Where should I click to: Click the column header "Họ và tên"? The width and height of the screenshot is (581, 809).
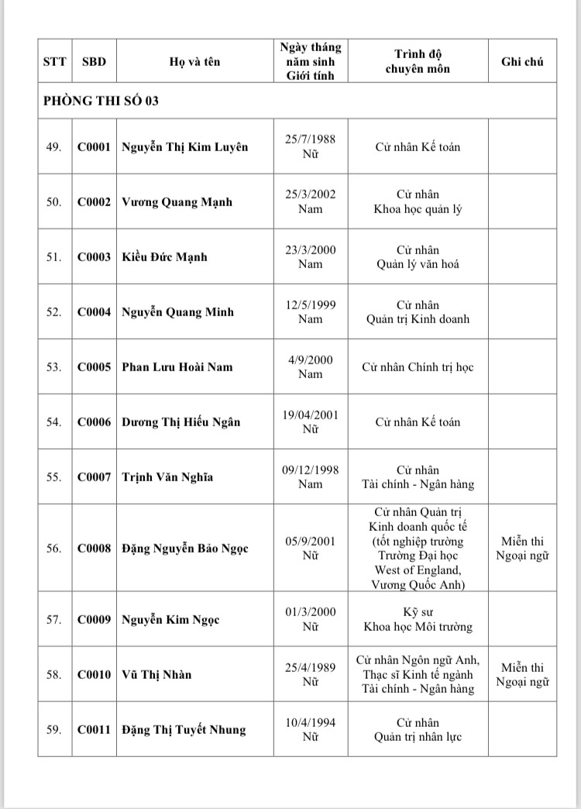(x=194, y=62)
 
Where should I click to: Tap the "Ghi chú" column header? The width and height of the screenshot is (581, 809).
(x=522, y=62)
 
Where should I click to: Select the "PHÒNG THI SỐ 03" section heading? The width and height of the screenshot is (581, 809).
(x=101, y=101)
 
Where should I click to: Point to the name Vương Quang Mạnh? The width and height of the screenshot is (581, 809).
(x=177, y=202)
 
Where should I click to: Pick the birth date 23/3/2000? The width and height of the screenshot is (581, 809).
(x=310, y=250)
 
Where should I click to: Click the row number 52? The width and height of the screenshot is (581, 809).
(x=54, y=312)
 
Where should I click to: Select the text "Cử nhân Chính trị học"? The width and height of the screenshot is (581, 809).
(x=418, y=367)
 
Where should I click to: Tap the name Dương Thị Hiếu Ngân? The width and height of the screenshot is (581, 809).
(x=180, y=422)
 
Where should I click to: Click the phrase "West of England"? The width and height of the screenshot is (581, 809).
(x=418, y=570)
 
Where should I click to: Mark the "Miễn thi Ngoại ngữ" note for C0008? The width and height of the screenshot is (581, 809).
(x=522, y=549)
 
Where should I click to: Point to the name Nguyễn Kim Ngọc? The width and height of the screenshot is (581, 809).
(x=170, y=620)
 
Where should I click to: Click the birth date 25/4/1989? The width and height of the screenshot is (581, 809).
(x=310, y=667)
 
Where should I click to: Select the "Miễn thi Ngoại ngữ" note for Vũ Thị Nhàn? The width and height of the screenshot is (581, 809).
(x=522, y=675)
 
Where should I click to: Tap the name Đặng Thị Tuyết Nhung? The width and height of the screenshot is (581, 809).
(x=184, y=730)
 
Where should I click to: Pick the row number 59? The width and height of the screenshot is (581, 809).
(x=54, y=730)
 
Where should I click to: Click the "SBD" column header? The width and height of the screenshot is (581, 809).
(x=94, y=62)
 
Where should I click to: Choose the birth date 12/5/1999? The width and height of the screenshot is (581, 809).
(x=310, y=305)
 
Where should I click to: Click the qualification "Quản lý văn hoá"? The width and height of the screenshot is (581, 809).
(x=418, y=264)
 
